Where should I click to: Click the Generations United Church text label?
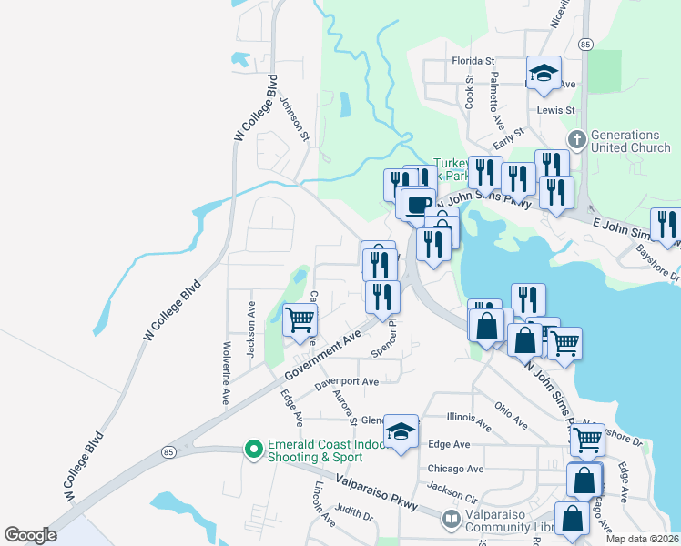[x=631, y=141]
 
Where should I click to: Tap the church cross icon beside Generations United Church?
[x=575, y=140]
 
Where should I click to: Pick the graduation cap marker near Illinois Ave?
[x=401, y=431]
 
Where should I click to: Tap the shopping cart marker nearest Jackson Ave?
[x=300, y=320]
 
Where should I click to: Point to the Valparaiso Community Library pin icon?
[x=450, y=520]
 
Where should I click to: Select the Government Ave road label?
[x=322, y=358]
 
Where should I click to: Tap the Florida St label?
[x=473, y=61]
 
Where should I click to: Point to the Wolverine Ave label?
[x=225, y=374]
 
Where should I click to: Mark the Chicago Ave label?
[x=455, y=469]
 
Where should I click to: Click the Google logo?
[x=30, y=535]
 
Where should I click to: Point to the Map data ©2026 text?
[x=641, y=539]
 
